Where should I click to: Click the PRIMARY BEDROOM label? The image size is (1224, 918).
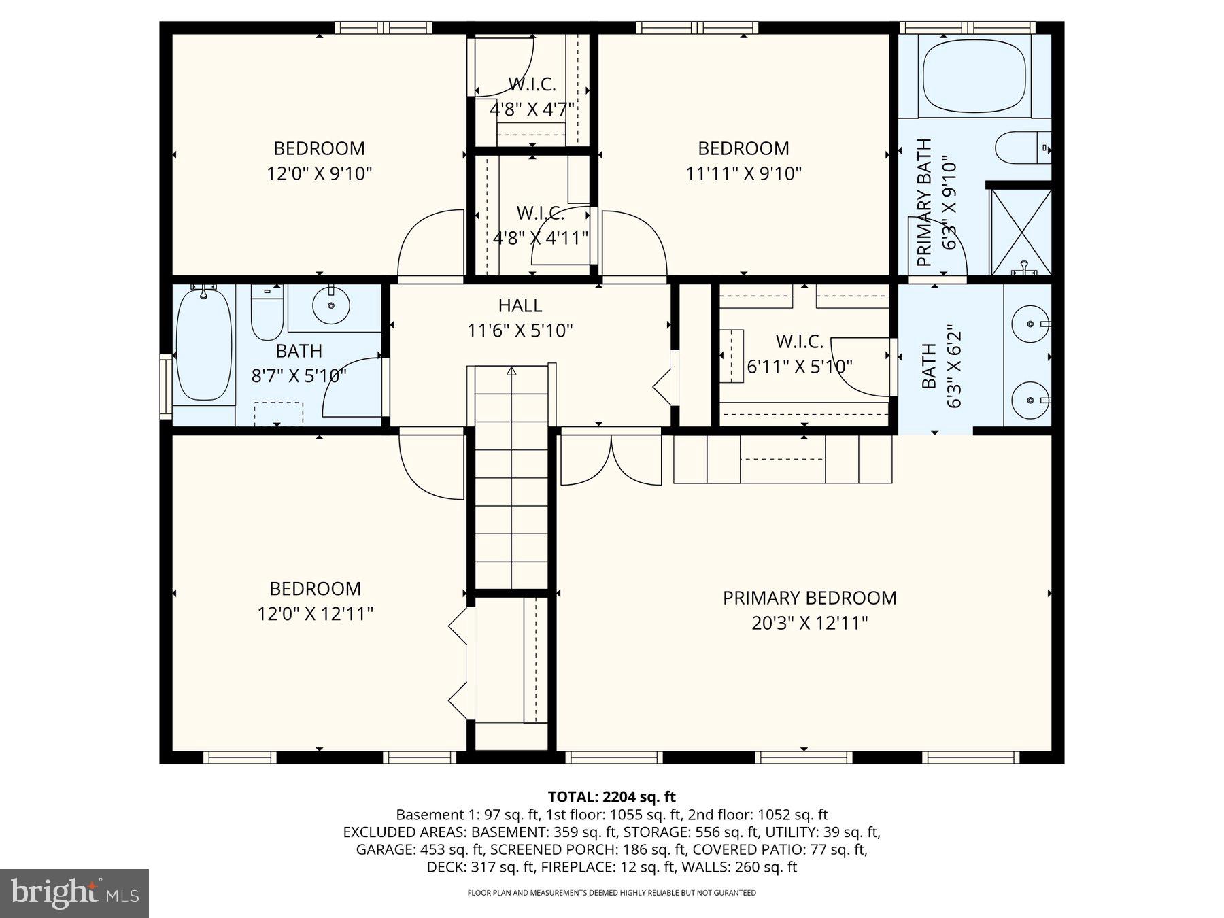coord(809,598)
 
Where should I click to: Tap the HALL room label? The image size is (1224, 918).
coord(520,305)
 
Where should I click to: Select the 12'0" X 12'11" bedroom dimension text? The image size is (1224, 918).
coord(315,614)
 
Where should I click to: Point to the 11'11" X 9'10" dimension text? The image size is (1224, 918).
coord(743,173)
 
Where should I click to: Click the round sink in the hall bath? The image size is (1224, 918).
coord(331,305)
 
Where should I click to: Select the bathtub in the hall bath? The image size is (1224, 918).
coord(203,347)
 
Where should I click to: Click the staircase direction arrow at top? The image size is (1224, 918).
coord(511,371)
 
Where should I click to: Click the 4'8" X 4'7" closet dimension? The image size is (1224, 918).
coord(532,109)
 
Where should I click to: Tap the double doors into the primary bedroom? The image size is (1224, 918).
coord(611,460)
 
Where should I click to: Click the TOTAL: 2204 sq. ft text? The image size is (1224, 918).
coord(611,796)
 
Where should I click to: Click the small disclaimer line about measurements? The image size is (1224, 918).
coord(611,893)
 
